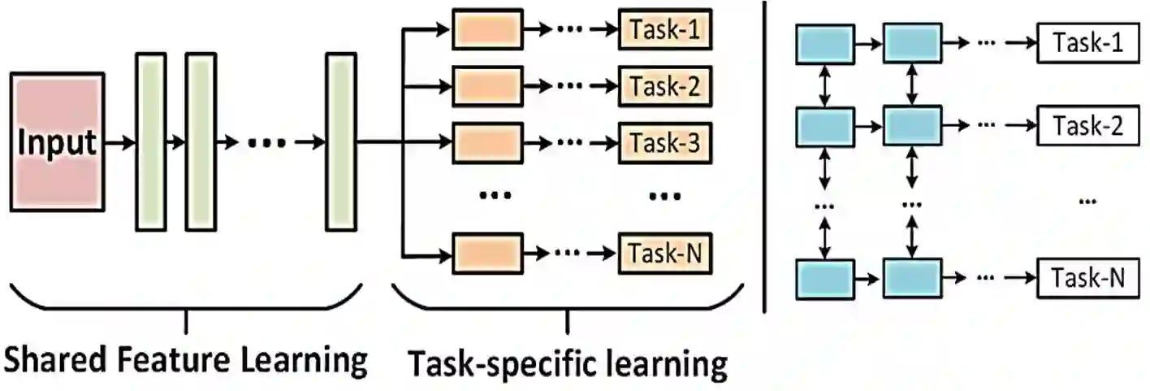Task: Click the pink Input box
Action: (57, 142)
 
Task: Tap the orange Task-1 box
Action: (664, 30)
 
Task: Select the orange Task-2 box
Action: (664, 86)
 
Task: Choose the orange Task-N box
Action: (664, 254)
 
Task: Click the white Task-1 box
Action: (1088, 44)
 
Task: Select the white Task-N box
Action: (1088, 279)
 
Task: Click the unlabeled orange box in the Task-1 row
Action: (487, 31)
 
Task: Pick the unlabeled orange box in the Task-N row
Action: (487, 254)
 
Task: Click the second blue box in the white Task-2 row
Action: (912, 125)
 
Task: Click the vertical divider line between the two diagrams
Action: (764, 154)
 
